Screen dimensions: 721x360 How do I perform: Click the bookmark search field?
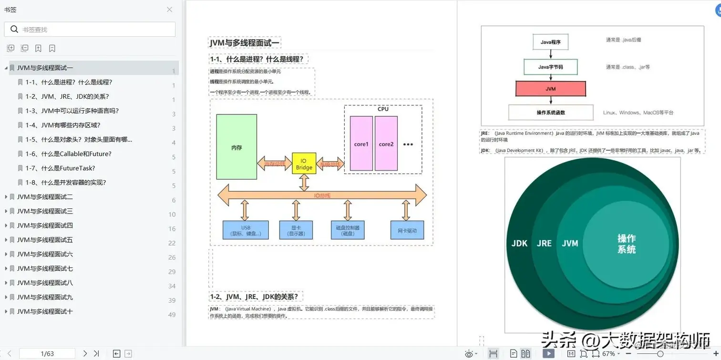click(x=95, y=30)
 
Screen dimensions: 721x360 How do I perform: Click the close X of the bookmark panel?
click(x=169, y=10)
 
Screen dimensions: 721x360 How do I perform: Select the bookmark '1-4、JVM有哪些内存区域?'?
click(x=63, y=125)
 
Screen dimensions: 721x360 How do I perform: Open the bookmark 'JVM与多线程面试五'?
click(x=45, y=239)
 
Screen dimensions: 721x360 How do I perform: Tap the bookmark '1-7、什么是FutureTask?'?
click(x=60, y=168)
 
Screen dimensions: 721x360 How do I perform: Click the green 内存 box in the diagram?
click(x=237, y=147)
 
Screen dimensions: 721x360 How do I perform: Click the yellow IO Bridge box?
click(x=304, y=164)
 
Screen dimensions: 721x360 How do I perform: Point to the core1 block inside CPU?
click(x=361, y=144)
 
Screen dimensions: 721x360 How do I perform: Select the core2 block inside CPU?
click(x=386, y=144)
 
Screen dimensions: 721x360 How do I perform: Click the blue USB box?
click(x=246, y=230)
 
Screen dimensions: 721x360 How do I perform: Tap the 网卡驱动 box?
click(x=407, y=230)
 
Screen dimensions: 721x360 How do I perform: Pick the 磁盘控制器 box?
click(x=348, y=230)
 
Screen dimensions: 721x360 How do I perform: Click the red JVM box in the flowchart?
click(x=550, y=89)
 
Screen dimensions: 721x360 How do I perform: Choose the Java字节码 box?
click(x=550, y=67)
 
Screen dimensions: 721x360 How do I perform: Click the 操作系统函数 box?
click(x=550, y=113)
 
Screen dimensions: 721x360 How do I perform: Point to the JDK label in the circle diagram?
click(x=519, y=243)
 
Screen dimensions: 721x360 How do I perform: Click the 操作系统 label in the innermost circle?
click(x=626, y=244)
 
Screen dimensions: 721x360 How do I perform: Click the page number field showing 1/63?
click(x=47, y=353)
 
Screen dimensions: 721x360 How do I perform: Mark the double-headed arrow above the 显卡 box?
click(x=296, y=210)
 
